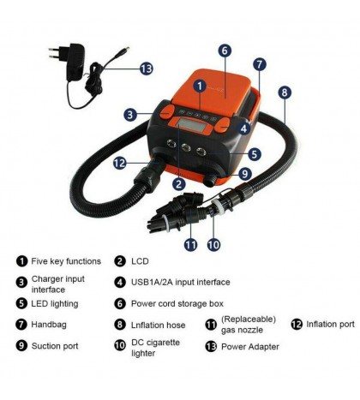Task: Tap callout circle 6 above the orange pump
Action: tap(224, 51)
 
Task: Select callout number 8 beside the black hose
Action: tap(284, 91)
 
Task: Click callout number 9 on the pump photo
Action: tap(244, 172)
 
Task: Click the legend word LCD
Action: tap(141, 261)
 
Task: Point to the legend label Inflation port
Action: tap(332, 324)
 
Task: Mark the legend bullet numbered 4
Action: tap(121, 282)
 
